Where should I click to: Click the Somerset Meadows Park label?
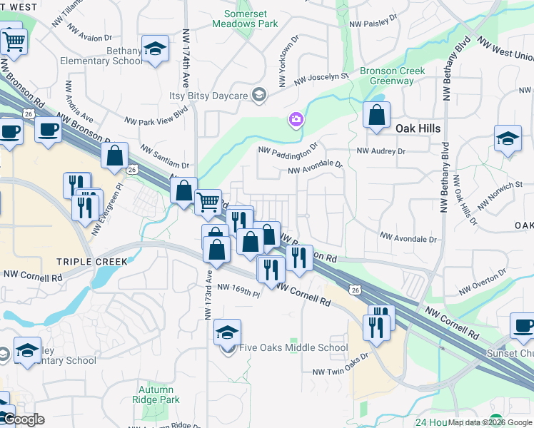pos(250,19)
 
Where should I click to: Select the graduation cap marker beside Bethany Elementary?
pos(154,49)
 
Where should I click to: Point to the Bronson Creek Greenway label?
pos(392,76)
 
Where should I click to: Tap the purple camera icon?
pos(296,119)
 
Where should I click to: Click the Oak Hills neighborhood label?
pos(418,128)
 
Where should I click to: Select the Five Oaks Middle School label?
pos(293,348)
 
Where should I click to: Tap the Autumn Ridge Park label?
pos(156,395)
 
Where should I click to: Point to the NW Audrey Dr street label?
pos(381,151)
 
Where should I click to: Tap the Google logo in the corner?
pos(23,419)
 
